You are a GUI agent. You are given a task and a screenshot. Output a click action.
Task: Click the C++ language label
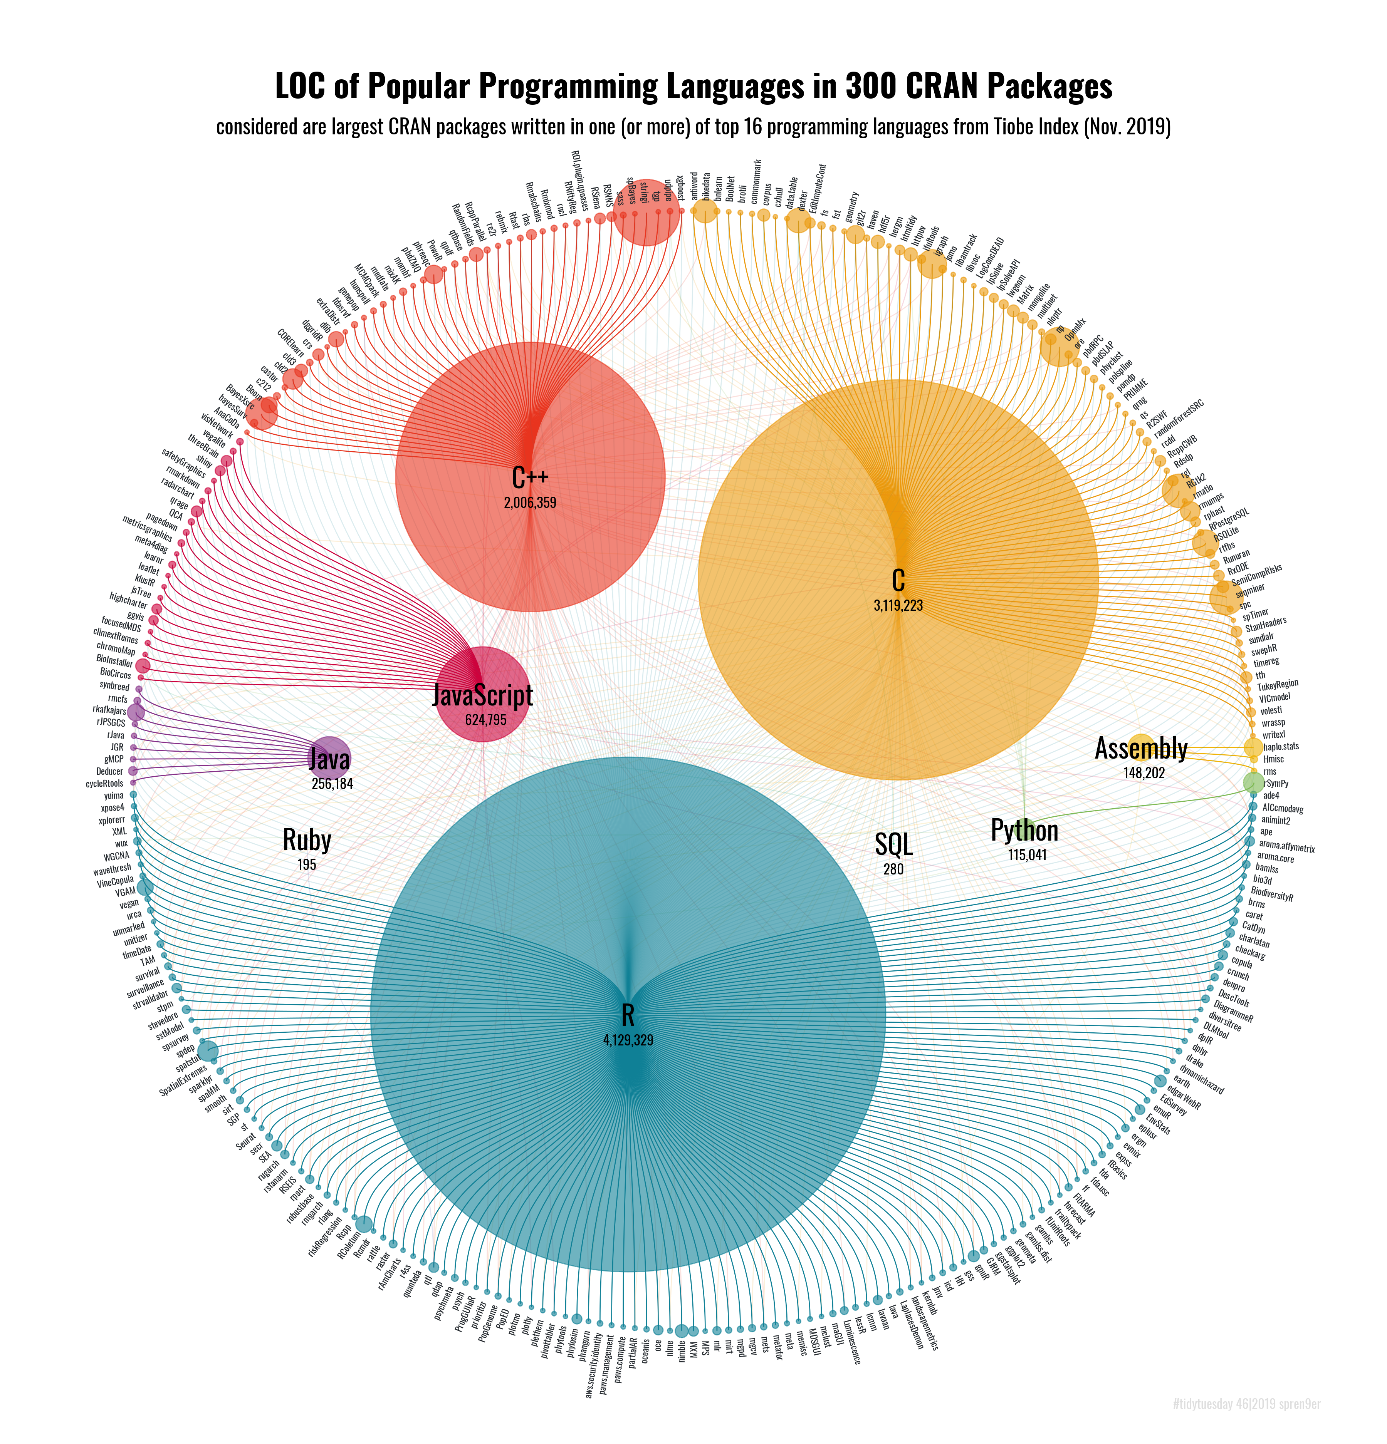pos(530,478)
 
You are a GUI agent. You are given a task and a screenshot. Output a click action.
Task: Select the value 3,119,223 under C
pos(898,606)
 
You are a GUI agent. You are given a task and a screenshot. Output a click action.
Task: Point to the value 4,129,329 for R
pos(628,1040)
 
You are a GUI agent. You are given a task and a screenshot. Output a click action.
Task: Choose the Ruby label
pos(307,840)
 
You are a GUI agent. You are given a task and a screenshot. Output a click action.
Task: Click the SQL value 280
pos(893,869)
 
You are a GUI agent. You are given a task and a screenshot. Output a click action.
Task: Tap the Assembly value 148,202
pos(1144,773)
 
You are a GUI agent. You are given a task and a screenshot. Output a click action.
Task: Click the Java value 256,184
pos(332,784)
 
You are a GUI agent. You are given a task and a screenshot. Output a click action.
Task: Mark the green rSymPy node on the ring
pos(1253,782)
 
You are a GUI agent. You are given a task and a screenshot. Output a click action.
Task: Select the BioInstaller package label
pos(114,660)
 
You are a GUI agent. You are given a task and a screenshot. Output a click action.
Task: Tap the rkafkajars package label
pos(109,710)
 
